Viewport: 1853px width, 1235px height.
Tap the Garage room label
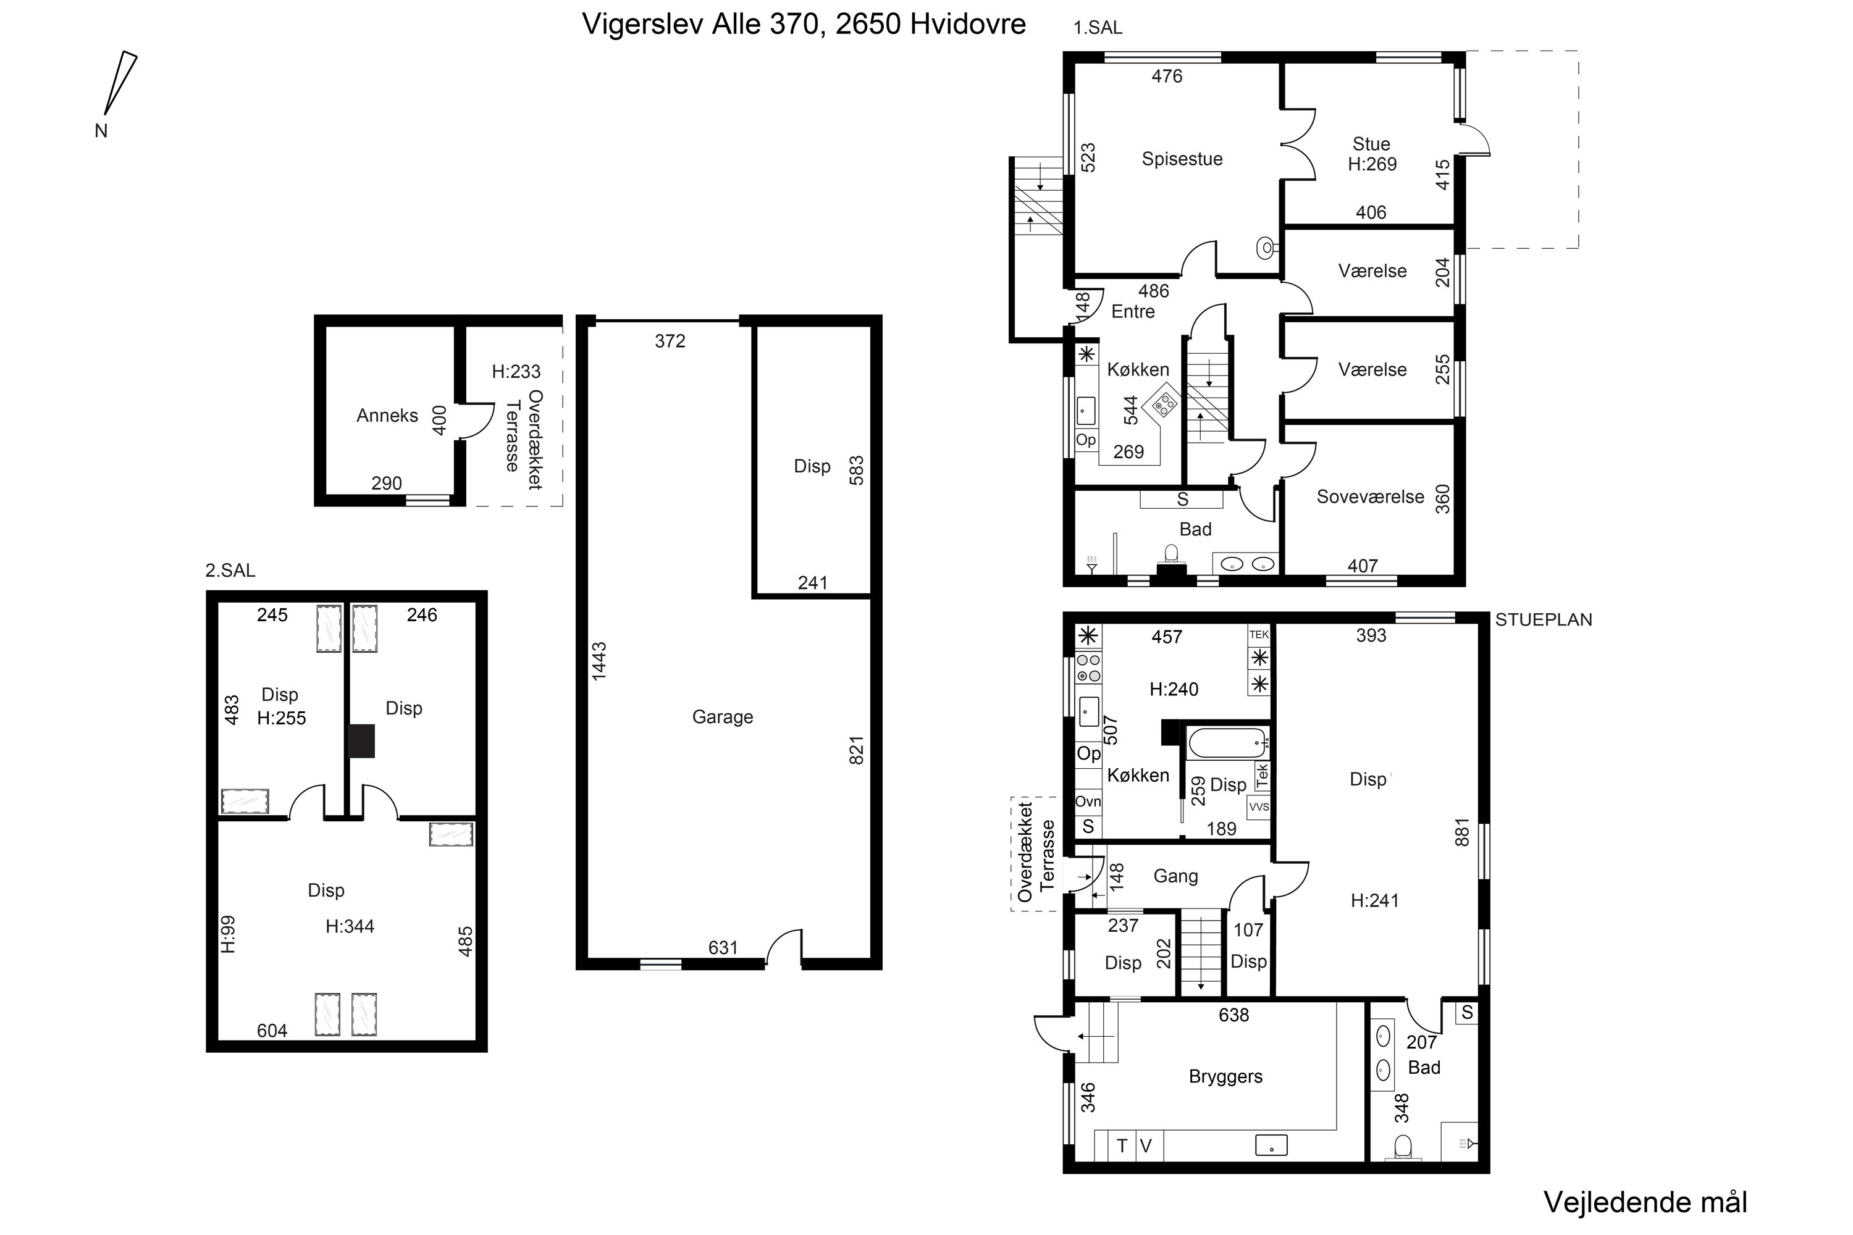723,717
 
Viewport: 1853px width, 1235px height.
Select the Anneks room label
387,415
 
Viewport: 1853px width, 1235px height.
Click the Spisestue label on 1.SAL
1182,159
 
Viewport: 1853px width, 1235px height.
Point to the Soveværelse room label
1370,497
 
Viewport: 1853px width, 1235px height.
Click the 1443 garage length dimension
599,661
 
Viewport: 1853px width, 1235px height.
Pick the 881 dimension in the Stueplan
1461,832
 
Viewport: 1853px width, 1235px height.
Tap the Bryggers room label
1225,1077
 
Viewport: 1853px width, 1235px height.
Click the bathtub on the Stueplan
1227,743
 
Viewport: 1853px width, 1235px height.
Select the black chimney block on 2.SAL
361,741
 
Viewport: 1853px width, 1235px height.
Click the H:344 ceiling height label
350,926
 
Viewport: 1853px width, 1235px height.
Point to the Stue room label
1371,144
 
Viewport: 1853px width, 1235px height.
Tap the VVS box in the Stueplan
1259,807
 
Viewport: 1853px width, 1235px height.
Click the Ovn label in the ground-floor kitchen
1088,801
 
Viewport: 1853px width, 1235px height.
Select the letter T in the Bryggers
1122,1146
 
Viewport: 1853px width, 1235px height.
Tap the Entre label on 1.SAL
1133,311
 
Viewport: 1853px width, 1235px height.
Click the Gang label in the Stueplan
1175,877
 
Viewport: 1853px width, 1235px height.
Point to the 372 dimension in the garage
670,341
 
